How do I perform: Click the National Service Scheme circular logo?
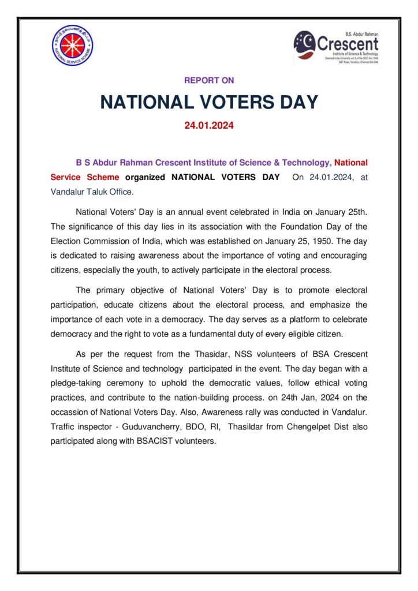(x=73, y=46)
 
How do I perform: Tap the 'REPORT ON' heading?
(x=209, y=81)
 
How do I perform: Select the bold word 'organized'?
(x=145, y=177)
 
